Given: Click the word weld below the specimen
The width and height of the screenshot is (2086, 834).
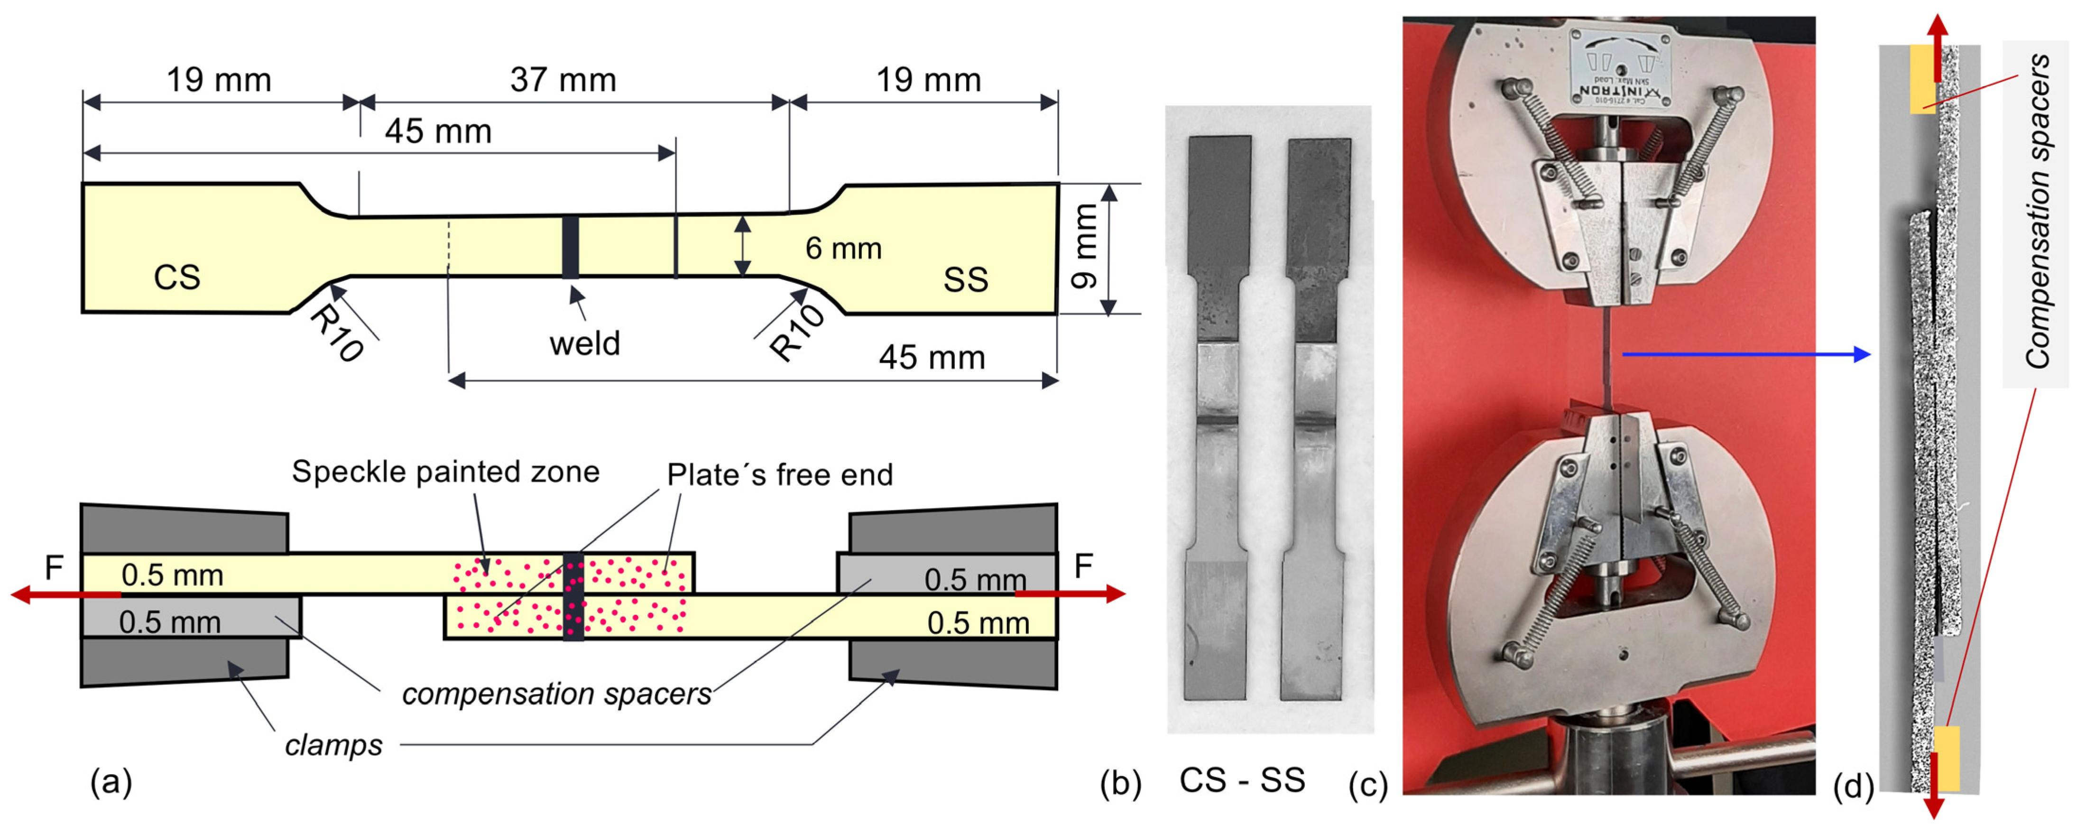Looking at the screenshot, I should pyautogui.click(x=585, y=344).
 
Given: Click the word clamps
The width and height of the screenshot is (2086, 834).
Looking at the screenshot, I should pyautogui.click(x=333, y=745).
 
